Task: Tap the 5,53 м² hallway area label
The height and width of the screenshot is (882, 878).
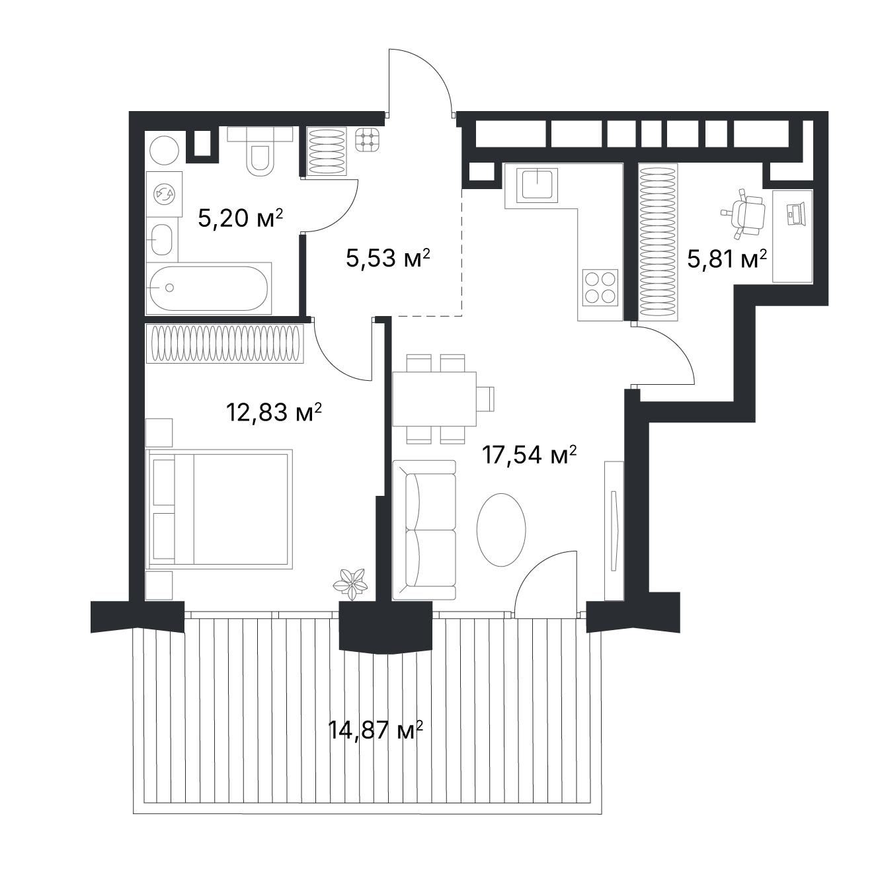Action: [388, 258]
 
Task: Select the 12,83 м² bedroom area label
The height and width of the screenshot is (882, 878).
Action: [274, 413]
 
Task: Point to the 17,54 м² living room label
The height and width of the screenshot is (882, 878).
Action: [529, 455]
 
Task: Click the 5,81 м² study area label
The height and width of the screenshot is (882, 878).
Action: [727, 259]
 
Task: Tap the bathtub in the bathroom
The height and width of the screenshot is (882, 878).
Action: [209, 288]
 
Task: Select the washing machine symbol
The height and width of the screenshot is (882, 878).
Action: [164, 194]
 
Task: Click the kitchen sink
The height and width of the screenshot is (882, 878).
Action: [538, 185]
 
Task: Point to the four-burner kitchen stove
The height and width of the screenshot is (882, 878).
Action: [600, 288]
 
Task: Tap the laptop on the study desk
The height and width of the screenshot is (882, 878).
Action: [794, 214]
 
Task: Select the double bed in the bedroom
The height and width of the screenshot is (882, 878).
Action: [219, 509]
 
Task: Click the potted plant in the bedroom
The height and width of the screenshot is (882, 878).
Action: [350, 584]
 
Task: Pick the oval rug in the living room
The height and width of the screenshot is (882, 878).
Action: [500, 530]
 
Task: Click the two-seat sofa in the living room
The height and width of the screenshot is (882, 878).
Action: [424, 530]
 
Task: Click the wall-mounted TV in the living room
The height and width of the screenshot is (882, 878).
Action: [614, 530]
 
